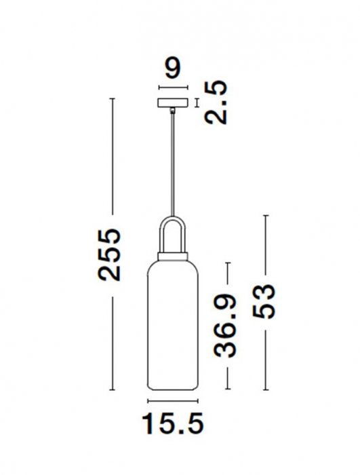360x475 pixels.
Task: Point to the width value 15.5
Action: click(173, 424)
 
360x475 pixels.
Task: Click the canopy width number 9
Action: click(173, 69)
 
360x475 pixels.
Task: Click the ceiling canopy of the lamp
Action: click(172, 103)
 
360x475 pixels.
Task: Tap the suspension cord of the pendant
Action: click(173, 163)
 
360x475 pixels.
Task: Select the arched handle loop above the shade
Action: click(173, 231)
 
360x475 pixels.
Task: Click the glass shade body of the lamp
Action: click(173, 326)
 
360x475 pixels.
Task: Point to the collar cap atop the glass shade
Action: click(173, 255)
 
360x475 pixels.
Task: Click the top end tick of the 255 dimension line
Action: click(113, 99)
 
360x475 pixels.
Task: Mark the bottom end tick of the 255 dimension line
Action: click(113, 392)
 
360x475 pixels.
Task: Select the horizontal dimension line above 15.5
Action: click(173, 400)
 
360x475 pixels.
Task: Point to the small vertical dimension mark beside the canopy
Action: click(197, 103)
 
